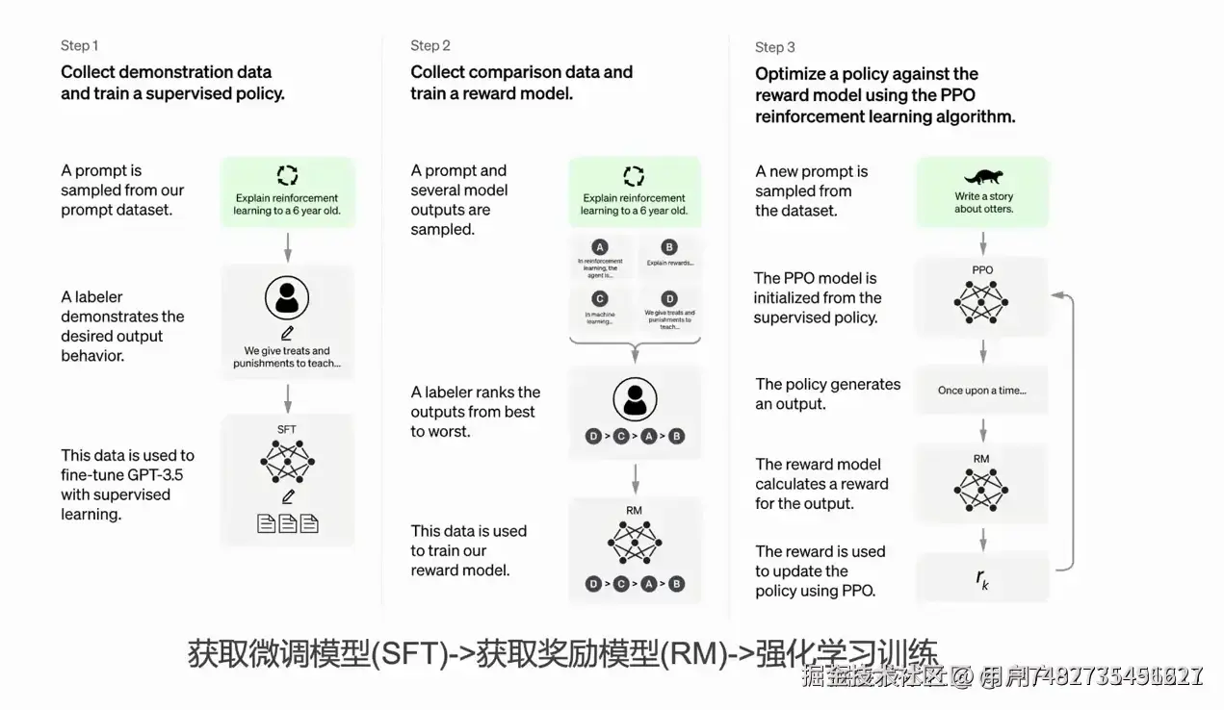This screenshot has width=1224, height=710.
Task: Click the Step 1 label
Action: point(79,45)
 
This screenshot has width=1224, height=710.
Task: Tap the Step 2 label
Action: point(430,45)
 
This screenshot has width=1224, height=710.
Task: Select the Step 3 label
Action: point(774,47)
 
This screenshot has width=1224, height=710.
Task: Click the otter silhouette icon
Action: point(983,177)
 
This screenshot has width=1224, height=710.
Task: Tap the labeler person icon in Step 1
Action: point(287,299)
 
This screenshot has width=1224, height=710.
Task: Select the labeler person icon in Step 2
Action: point(635,398)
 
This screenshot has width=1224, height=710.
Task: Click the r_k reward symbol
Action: point(982,578)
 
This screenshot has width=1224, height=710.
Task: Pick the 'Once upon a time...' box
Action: point(982,391)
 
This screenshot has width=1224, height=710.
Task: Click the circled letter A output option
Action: point(601,247)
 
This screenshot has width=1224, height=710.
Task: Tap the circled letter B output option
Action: point(670,247)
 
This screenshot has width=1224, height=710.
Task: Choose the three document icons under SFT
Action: point(287,523)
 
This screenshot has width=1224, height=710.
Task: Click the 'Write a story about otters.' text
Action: point(983,203)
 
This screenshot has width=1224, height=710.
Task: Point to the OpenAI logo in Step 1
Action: point(287,175)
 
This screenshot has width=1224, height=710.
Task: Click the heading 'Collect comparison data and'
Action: point(521,72)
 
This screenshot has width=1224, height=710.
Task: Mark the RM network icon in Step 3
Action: point(982,490)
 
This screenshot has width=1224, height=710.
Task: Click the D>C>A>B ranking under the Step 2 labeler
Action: point(635,436)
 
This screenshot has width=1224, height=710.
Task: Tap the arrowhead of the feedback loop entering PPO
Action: point(1057,295)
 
